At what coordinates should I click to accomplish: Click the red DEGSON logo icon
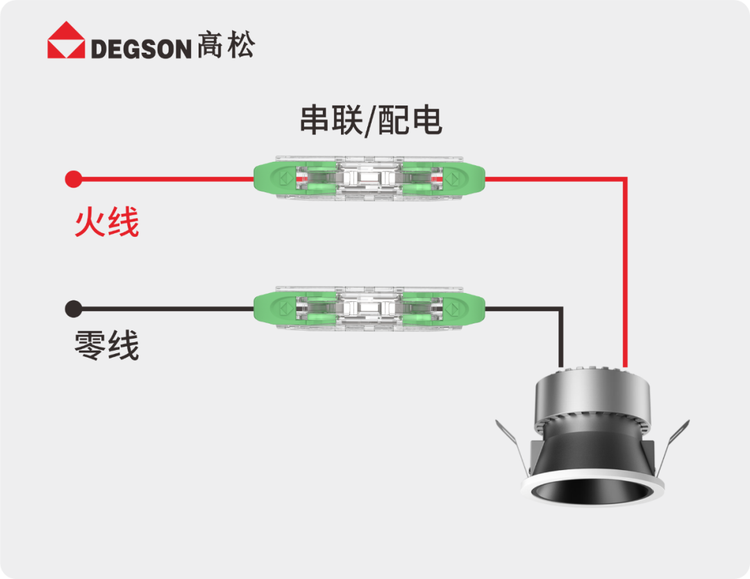click(x=66, y=40)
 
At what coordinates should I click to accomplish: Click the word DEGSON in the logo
click(x=140, y=49)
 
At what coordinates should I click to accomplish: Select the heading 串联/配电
click(x=371, y=121)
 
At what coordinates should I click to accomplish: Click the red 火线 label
click(x=107, y=224)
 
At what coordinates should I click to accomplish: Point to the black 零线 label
click(x=107, y=346)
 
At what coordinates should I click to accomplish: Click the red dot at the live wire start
click(x=73, y=180)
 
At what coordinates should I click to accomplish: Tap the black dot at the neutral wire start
click(x=73, y=308)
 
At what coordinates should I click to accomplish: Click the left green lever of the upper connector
click(x=278, y=180)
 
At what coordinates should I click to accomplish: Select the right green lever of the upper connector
click(x=458, y=180)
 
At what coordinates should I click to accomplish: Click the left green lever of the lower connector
click(x=278, y=308)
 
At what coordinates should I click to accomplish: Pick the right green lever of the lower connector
click(x=458, y=308)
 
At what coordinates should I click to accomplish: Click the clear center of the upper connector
click(x=369, y=180)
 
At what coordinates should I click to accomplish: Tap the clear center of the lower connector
click(x=369, y=308)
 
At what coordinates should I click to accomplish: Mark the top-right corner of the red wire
click(x=625, y=180)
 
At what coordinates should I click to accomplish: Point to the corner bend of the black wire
click(x=561, y=309)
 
